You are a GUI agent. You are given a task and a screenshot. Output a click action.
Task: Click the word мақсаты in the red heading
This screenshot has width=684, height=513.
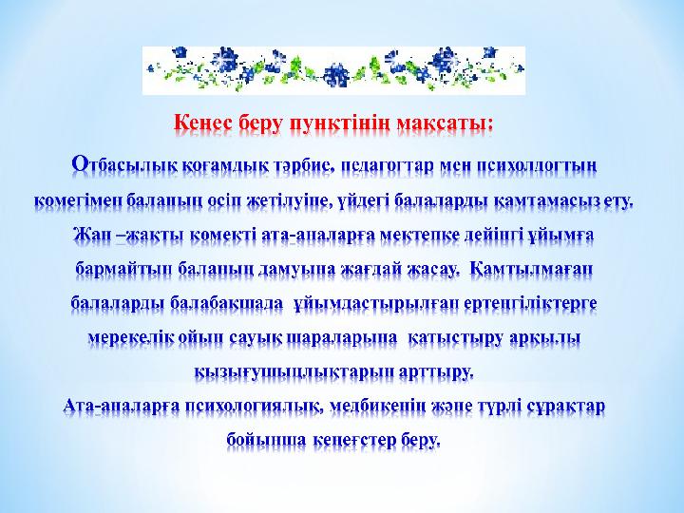click(x=446, y=125)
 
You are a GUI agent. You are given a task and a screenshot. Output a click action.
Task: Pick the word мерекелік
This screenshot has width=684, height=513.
click(x=130, y=337)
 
